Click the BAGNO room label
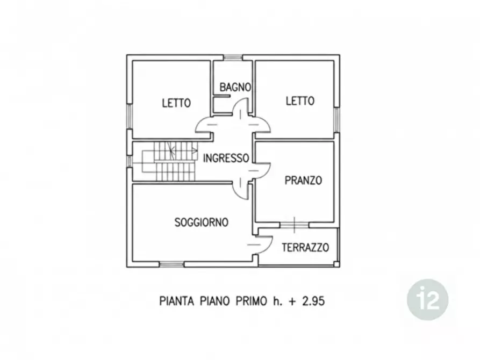235,87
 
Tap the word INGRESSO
226,159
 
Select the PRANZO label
303,181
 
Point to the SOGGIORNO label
202,222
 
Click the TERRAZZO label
305,247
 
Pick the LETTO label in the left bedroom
176,103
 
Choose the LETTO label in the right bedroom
300,101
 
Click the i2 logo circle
428,300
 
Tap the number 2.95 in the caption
313,301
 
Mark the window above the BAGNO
233,57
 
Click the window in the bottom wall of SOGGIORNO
171,264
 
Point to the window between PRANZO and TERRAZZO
294,225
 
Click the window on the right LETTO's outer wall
336,120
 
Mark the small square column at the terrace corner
336,264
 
